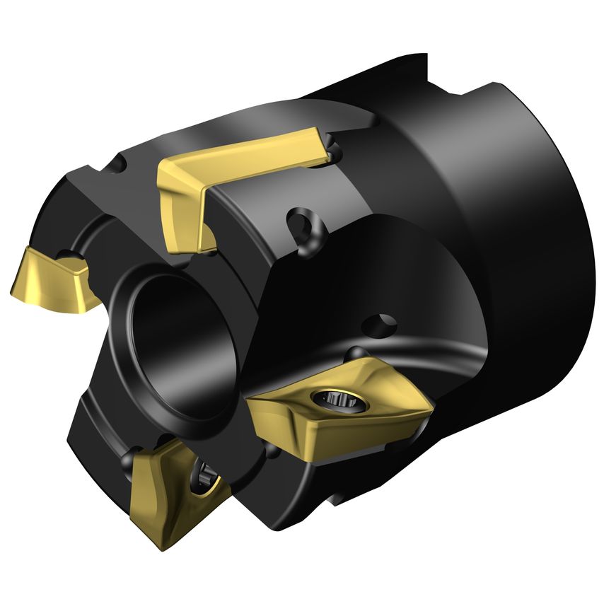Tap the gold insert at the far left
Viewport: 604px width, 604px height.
point(53,279)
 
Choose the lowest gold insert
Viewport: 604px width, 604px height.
point(173,488)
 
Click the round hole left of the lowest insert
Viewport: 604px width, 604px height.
point(128,461)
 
